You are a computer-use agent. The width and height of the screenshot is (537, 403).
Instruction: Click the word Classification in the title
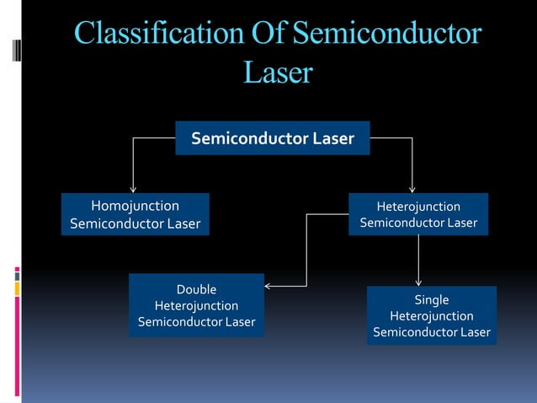pyautogui.click(x=157, y=35)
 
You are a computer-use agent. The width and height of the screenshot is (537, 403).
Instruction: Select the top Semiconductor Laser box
pyautogui.click(x=272, y=138)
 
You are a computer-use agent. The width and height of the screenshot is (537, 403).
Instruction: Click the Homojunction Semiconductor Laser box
pyautogui.click(x=135, y=214)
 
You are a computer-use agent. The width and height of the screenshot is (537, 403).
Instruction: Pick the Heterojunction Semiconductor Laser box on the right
pyautogui.click(x=418, y=214)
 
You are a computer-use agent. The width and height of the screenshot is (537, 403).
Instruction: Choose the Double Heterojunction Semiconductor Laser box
pyautogui.click(x=196, y=305)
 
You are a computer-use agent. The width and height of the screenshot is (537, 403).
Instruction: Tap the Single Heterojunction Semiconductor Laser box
pyautogui.click(x=431, y=315)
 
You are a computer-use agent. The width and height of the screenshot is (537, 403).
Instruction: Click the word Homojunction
pyautogui.click(x=135, y=206)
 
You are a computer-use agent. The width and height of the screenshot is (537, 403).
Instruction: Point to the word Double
pyautogui.click(x=196, y=289)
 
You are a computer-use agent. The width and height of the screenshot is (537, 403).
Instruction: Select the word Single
pyautogui.click(x=432, y=300)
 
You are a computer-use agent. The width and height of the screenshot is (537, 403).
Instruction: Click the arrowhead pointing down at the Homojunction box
pyautogui.click(x=132, y=189)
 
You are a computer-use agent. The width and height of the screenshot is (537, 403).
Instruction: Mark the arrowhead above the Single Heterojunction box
pyautogui.click(x=418, y=282)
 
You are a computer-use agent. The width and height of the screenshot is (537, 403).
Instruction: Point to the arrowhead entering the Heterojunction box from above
pyautogui.click(x=412, y=189)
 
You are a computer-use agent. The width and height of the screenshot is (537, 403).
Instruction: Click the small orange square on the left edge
pyautogui.click(x=17, y=288)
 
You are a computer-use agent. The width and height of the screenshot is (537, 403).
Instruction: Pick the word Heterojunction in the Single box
pyautogui.click(x=432, y=316)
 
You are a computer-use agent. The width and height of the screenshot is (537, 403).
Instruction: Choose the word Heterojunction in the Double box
pyautogui.click(x=196, y=305)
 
